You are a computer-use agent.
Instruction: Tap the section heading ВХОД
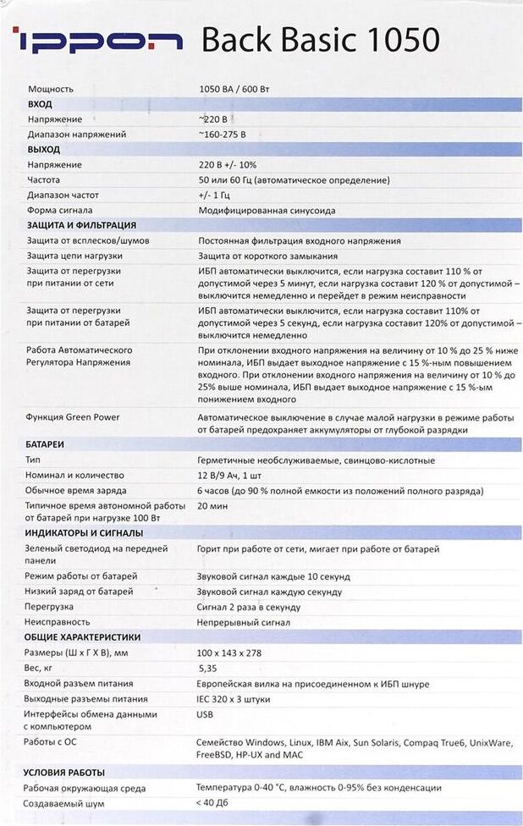40,104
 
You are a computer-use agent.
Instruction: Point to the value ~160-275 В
223,135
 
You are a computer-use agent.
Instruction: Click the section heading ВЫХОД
43,150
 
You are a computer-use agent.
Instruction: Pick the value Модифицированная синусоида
267,211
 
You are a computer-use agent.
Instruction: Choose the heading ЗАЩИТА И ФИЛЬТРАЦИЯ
81,226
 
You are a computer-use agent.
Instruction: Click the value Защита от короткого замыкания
268,256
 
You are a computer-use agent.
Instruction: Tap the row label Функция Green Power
73,417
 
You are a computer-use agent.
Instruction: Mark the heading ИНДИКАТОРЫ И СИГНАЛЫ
85,533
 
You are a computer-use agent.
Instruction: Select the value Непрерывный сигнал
244,622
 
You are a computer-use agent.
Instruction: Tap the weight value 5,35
206,668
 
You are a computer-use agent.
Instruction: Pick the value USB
205,714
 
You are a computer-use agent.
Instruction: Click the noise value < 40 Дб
212,802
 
